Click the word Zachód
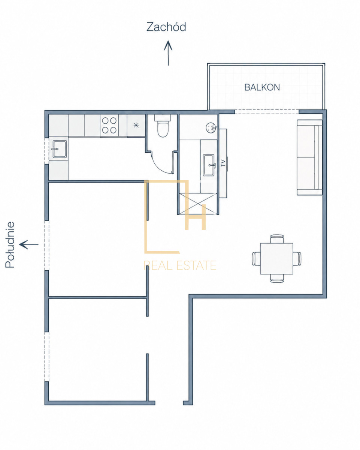tap(166, 27)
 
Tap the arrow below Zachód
tap(168, 53)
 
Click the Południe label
tap(10, 244)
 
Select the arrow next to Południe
tap(28, 244)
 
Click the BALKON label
tap(262, 87)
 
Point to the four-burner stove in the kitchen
tap(109, 126)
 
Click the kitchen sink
tap(60, 149)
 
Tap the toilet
tap(163, 126)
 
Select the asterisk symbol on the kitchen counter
tap(136, 125)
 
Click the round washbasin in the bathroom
tap(210, 127)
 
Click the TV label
tap(223, 163)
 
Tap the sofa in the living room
tap(309, 157)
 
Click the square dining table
tap(276, 258)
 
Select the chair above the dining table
tap(277, 239)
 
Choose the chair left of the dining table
tap(256, 258)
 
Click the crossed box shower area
tap(198, 204)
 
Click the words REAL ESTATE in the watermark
tap(180, 265)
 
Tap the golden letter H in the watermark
tap(196, 217)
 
